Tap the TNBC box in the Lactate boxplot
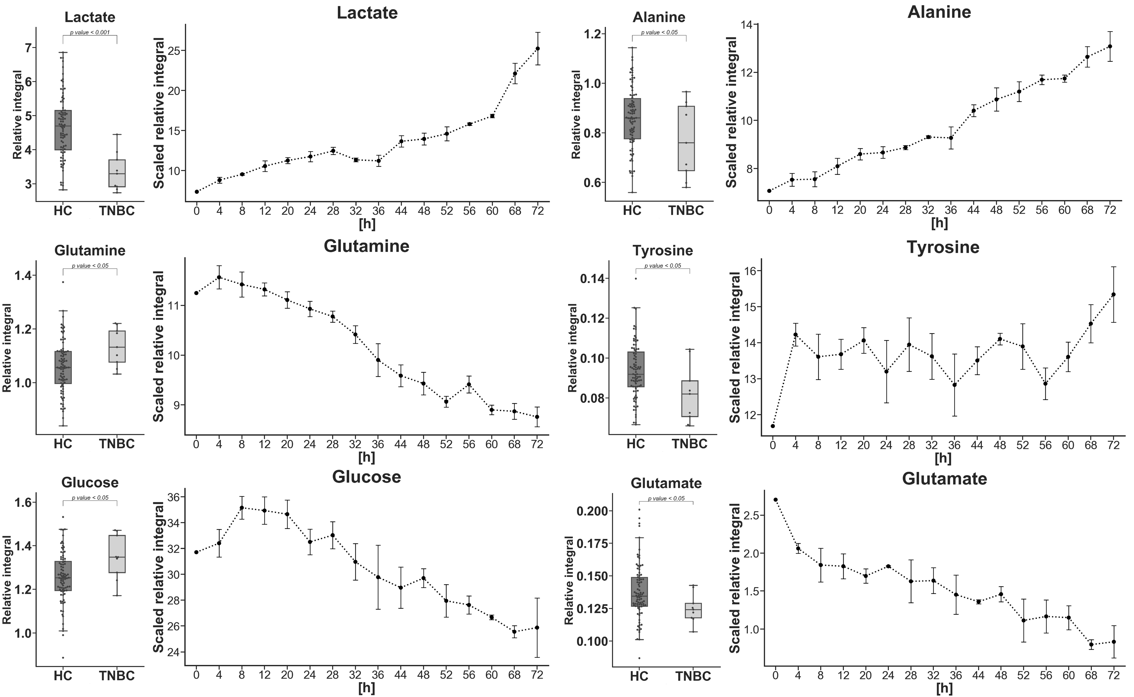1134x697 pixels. [x=117, y=173]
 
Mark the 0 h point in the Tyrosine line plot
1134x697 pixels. [x=773, y=426]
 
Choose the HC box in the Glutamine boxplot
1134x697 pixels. [x=63, y=367]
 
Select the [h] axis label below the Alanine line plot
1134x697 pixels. [x=939, y=224]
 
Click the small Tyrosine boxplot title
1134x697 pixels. [x=663, y=251]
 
